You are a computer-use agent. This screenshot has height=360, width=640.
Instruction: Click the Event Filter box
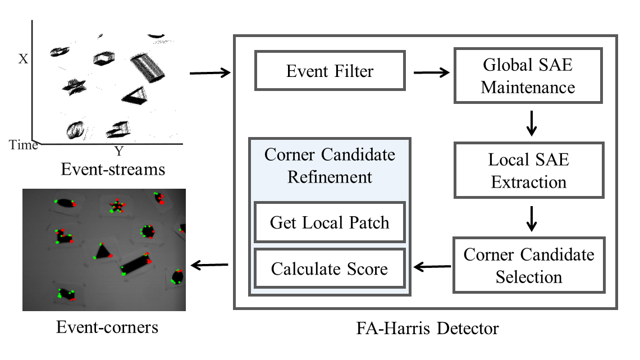tap(330, 71)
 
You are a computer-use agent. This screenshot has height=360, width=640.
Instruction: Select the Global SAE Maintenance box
tap(528, 75)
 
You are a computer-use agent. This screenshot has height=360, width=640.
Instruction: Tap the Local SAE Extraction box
tap(528, 170)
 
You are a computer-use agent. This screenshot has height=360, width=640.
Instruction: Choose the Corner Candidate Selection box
tap(528, 265)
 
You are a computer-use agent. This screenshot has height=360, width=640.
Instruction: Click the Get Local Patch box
tap(330, 222)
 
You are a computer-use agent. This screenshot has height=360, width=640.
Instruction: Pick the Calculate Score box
tap(330, 268)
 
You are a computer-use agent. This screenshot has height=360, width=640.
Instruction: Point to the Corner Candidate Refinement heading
tap(330, 166)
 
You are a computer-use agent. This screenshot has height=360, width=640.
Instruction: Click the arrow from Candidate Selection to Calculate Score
tap(432, 267)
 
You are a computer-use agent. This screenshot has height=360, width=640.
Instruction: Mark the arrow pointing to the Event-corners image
tap(211, 264)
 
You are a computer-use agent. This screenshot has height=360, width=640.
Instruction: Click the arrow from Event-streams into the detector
tap(211, 72)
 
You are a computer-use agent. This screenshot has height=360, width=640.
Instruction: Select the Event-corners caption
tap(107, 326)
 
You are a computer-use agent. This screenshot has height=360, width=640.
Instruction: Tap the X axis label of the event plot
tap(23, 58)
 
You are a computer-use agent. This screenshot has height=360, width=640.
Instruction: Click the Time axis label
tap(23, 145)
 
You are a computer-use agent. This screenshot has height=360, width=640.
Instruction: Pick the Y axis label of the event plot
tap(118, 151)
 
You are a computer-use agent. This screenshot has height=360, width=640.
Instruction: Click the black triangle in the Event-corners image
tap(102, 251)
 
